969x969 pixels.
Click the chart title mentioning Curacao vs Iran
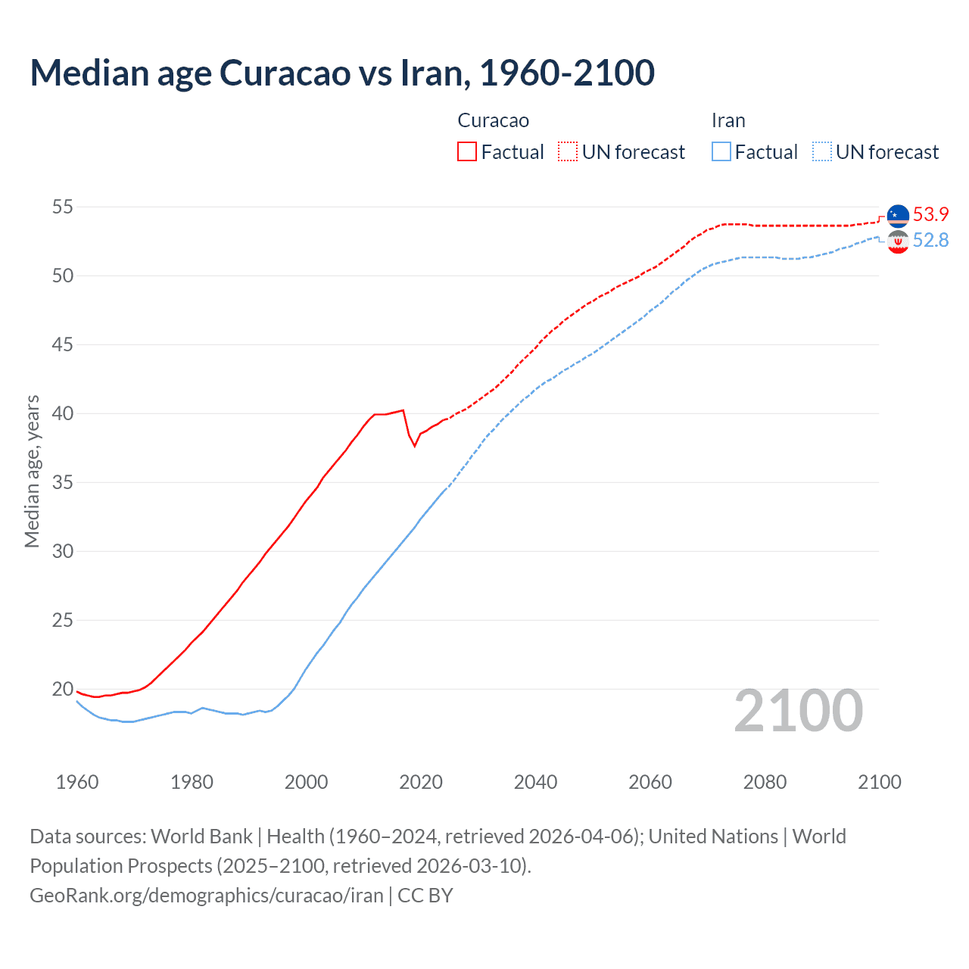(x=342, y=73)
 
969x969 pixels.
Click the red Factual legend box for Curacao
(x=467, y=151)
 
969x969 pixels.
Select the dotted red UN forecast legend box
(x=568, y=151)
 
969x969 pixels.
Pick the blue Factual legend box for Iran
(x=721, y=151)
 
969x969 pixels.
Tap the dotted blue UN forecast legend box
(x=822, y=151)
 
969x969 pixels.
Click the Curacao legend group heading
(x=494, y=120)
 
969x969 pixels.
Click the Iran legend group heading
(x=728, y=120)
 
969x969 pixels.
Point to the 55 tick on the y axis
(x=63, y=207)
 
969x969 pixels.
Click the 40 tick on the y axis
(x=63, y=413)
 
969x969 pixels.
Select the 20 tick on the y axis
(x=63, y=689)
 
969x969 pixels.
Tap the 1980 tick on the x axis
(x=192, y=782)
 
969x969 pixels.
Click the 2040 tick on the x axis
(x=535, y=782)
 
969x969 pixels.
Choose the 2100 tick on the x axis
(x=879, y=782)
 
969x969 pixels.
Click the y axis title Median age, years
(x=32, y=471)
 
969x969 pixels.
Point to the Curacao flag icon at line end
(x=898, y=216)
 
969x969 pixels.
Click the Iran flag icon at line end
(x=898, y=242)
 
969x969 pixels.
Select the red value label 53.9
(x=930, y=214)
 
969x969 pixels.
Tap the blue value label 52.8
(x=930, y=240)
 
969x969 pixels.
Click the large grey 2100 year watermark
(x=799, y=710)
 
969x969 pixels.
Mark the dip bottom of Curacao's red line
(x=415, y=446)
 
